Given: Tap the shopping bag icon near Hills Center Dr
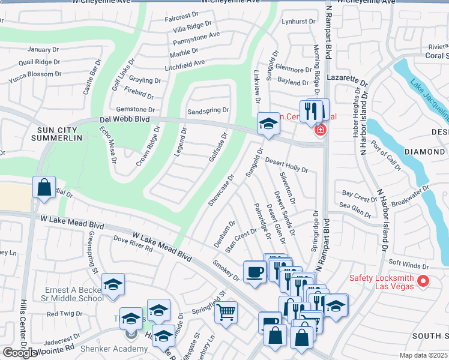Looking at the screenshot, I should (x=44, y=188).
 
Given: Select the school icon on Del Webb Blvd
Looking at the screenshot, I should (x=268, y=124).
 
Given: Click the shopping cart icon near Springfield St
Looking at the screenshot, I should (x=226, y=312).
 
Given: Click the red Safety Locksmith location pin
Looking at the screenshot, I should (x=423, y=280).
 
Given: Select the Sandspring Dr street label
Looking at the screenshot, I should (x=208, y=110).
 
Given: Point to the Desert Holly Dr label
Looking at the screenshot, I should (x=286, y=166).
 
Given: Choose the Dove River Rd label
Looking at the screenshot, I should (x=133, y=242).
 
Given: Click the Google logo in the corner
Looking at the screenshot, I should (x=20, y=353).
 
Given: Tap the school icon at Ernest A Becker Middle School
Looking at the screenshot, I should (x=113, y=286).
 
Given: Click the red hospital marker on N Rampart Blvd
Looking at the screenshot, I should (x=321, y=130).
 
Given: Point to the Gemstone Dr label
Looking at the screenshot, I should (x=136, y=109).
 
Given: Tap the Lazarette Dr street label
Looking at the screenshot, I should (x=346, y=79).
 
